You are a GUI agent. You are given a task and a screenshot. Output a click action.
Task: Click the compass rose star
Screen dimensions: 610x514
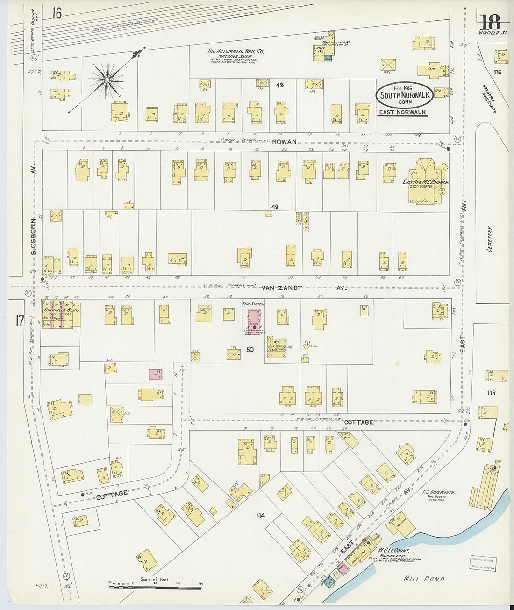107,81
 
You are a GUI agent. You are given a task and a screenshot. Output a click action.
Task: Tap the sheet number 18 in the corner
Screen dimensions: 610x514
489,22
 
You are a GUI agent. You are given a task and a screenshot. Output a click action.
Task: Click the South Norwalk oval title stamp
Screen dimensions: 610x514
405,95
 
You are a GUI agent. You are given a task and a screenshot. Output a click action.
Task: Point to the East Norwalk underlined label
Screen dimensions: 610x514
402,112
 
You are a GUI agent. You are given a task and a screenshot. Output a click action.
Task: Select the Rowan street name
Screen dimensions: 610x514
285,142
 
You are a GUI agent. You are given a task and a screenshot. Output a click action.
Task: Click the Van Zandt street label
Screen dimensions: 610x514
281,288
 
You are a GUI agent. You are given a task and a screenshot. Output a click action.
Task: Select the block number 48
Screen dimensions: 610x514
280,85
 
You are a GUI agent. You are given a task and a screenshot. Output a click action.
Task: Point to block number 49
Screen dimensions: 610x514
274,207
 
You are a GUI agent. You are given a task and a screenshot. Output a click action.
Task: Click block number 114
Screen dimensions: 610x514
260,515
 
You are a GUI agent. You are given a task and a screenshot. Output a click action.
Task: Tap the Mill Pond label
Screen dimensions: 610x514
424,579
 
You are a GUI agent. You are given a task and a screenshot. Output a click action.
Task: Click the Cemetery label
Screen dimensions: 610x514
490,239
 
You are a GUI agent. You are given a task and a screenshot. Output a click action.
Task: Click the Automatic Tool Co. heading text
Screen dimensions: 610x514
236,51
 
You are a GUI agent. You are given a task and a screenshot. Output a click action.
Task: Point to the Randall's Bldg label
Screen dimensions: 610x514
62,310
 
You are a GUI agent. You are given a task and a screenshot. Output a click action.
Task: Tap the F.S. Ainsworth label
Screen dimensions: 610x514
439,492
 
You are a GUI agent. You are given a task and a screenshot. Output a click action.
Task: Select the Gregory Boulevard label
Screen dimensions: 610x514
490,98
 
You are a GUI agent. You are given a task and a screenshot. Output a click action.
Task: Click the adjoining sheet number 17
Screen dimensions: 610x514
19,321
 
